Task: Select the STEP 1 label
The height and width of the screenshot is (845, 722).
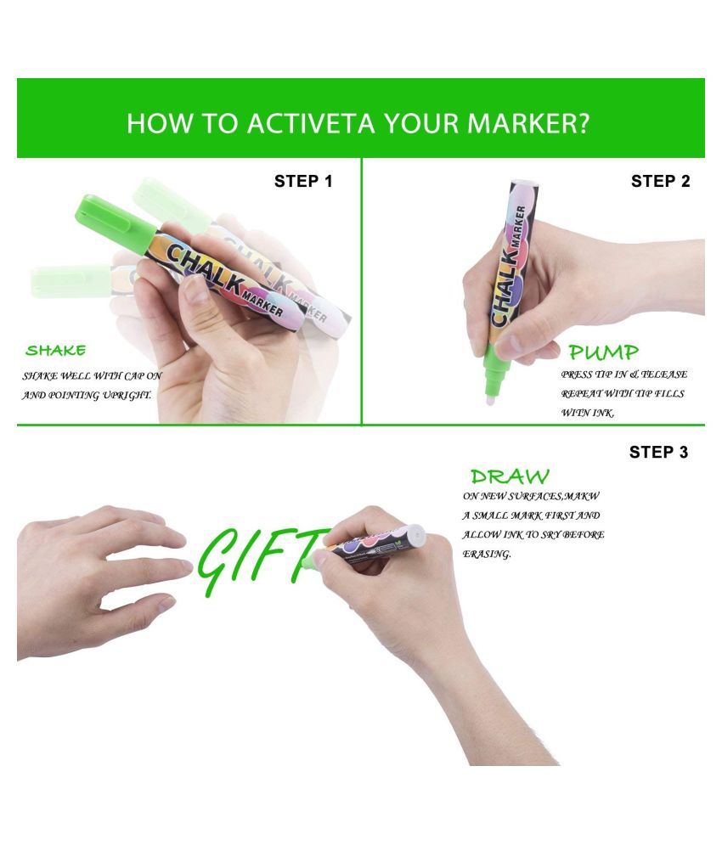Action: tap(303, 181)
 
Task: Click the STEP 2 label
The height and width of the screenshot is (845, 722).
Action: tap(661, 181)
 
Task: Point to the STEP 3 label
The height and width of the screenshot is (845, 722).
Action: tap(658, 452)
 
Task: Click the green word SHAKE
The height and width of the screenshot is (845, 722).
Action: tap(55, 351)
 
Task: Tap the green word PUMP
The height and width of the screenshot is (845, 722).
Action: tap(603, 352)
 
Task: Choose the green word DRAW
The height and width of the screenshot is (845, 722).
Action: tap(510, 476)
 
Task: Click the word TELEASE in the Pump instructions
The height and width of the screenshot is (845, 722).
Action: tap(664, 374)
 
